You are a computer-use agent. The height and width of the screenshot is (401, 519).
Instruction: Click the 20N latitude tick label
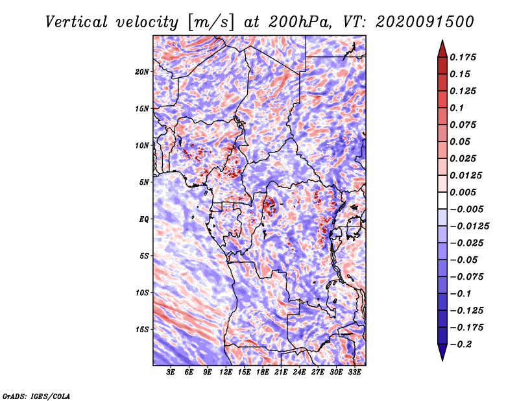[143, 71]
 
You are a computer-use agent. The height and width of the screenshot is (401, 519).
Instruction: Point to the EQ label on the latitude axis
[144, 219]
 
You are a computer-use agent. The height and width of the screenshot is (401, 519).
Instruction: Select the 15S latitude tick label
[143, 330]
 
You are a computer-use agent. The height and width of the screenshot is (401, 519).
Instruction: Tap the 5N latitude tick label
[145, 182]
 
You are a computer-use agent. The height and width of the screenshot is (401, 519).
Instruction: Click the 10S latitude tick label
[143, 293]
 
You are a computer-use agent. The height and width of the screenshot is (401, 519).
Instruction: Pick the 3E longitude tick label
[171, 372]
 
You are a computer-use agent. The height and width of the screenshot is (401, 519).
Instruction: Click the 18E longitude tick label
[263, 372]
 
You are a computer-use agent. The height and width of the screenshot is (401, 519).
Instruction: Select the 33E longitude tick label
[355, 372]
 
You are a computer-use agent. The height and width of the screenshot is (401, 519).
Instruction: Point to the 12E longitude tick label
[226, 372]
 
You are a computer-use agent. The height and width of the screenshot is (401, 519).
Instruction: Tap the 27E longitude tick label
[318, 372]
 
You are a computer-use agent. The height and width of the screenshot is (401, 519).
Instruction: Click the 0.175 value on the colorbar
[464, 57]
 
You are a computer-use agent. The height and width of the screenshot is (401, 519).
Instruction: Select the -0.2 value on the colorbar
[463, 344]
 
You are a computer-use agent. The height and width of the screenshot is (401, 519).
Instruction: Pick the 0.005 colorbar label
[464, 192]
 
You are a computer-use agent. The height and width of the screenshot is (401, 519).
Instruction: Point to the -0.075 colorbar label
[467, 276]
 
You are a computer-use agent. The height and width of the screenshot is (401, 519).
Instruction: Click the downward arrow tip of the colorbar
[442, 359]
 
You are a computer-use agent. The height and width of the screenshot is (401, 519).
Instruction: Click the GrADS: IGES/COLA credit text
[36, 395]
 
